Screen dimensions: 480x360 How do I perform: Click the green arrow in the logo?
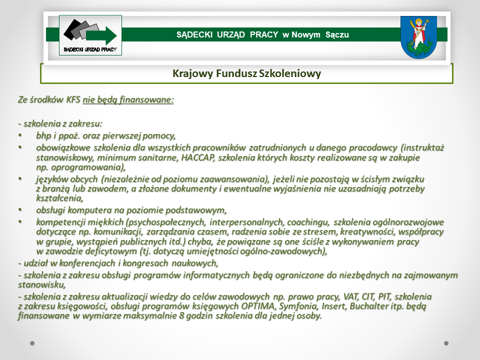[x=101, y=35]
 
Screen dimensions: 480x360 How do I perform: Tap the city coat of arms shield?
[x=418, y=37]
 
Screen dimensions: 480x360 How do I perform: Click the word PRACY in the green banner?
[x=264, y=34]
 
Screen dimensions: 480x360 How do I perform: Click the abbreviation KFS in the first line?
[x=73, y=99]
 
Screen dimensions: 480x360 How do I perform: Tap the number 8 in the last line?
[x=181, y=315]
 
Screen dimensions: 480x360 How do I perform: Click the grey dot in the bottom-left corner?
[x=32, y=343]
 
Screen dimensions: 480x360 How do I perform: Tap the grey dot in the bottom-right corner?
[x=446, y=343]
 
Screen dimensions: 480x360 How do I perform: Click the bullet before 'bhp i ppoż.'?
[x=20, y=135]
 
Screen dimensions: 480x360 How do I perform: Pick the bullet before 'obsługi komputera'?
[x=20, y=209]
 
